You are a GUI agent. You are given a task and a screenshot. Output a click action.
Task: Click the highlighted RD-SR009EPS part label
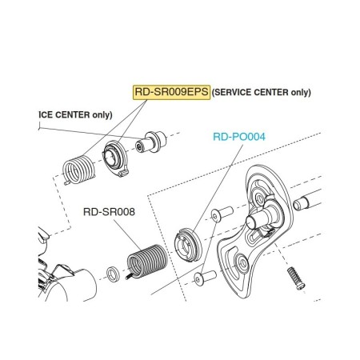171,92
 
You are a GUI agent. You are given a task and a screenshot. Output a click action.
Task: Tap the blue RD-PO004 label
239,137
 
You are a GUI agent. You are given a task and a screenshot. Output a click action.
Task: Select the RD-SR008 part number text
109,212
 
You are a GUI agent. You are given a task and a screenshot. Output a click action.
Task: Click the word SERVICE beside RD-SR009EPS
232,92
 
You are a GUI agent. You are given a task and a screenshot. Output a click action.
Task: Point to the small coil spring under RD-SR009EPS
78,170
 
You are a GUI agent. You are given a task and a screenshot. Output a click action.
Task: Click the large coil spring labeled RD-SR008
146,261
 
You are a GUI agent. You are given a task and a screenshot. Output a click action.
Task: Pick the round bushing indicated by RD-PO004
188,245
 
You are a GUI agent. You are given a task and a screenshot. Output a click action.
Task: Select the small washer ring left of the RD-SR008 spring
114,274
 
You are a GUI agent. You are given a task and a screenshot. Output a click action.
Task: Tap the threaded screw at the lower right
296,278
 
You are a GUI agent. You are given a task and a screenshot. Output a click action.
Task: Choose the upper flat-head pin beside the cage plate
222,214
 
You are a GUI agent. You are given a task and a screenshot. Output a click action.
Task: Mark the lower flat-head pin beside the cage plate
205,278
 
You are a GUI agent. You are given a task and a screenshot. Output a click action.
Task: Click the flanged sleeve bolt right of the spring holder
150,142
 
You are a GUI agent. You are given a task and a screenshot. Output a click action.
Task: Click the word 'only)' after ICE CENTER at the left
102,115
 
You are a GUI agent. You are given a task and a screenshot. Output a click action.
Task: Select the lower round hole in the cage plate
243,263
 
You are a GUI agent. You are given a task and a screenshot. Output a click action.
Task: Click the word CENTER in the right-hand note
270,92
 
